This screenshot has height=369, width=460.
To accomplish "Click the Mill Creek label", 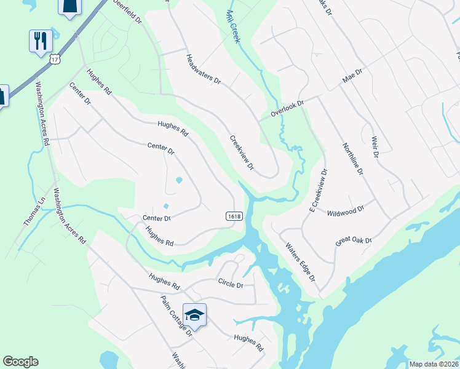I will [232, 26].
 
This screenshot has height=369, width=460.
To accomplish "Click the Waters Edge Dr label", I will [300, 261].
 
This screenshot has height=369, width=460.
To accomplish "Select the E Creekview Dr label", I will [317, 190].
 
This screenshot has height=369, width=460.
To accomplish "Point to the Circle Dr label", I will [231, 285].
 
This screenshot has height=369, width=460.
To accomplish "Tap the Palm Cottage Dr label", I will [176, 315].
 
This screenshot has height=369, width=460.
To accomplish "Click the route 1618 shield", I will [234, 216].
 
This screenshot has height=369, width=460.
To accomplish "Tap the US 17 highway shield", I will [55, 59].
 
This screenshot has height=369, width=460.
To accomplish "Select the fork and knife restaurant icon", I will [41, 41].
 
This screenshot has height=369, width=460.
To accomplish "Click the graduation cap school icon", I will [194, 315].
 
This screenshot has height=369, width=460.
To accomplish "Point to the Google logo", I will [20, 362].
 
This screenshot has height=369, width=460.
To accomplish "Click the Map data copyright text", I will [434, 364].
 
